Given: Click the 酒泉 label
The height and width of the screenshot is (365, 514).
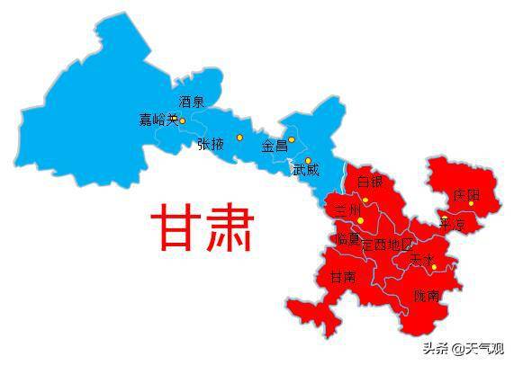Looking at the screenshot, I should tap(191, 102).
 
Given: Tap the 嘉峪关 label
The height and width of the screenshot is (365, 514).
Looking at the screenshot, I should tap(158, 120).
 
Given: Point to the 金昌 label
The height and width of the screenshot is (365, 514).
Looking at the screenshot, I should tap(274, 146).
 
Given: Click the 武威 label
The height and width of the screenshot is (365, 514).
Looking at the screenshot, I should tap(306, 169).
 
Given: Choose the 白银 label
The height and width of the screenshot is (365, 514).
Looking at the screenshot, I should tap(370, 182).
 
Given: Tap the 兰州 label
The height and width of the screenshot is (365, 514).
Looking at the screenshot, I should tap(347, 209).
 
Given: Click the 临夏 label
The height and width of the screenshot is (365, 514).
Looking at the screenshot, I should tap(347, 240).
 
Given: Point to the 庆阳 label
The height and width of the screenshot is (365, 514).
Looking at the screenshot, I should tap(466, 194).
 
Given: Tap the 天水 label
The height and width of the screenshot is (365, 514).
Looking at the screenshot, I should tap(421, 258).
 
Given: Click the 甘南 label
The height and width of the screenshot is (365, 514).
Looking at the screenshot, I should tap(342, 277).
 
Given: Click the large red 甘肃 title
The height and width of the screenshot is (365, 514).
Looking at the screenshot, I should tap(203, 229).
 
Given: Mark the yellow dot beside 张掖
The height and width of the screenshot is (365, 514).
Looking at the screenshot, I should tap(239, 138).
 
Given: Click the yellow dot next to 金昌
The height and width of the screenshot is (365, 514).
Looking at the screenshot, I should tap(292, 139).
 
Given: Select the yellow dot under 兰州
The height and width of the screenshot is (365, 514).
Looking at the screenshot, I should tap(361, 220).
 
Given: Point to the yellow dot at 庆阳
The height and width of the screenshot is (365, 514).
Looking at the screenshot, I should tap(471, 203).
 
